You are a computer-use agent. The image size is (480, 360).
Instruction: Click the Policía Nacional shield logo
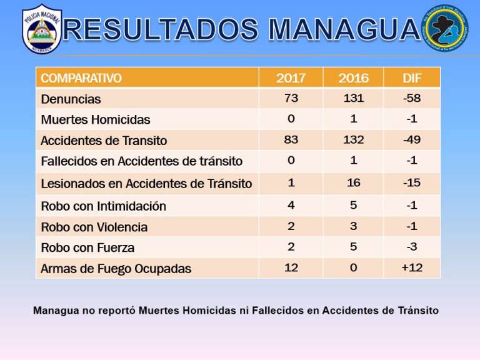42,29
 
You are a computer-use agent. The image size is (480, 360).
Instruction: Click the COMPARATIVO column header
81,78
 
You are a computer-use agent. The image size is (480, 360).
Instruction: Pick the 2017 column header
291,78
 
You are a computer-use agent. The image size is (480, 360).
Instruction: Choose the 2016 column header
353,78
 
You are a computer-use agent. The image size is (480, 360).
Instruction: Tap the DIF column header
412,78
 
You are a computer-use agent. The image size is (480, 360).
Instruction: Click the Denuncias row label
71,99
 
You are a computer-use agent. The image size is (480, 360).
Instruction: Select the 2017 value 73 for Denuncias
291,98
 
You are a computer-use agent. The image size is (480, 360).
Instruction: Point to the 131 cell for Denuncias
353,98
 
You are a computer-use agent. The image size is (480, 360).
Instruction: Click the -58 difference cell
412,98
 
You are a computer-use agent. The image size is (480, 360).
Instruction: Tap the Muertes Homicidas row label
96,119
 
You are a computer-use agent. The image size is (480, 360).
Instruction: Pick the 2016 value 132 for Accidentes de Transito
353,140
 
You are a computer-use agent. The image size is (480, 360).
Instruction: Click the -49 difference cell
412,140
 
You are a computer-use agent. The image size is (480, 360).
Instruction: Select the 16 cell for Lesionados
353,183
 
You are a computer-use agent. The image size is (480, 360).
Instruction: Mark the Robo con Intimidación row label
103,206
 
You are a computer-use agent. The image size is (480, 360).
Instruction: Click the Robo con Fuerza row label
87,247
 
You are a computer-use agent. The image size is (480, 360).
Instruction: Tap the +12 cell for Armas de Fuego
412,268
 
